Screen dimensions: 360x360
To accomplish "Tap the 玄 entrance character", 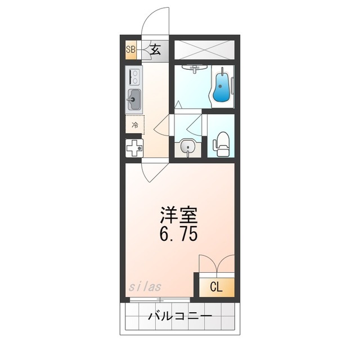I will click(x=156, y=49).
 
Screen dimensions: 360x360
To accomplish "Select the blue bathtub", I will click(x=223, y=87).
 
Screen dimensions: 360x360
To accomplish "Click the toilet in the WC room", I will click(x=222, y=144).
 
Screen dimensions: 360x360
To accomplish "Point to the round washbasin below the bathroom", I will click(x=188, y=148).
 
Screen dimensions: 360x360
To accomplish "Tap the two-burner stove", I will click(x=134, y=77).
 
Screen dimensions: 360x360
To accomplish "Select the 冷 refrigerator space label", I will click(x=135, y=125).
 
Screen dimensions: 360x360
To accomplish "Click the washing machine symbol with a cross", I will click(x=134, y=149).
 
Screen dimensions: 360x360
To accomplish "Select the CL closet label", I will click(x=215, y=286).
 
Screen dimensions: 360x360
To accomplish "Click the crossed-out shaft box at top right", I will click(x=204, y=48).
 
